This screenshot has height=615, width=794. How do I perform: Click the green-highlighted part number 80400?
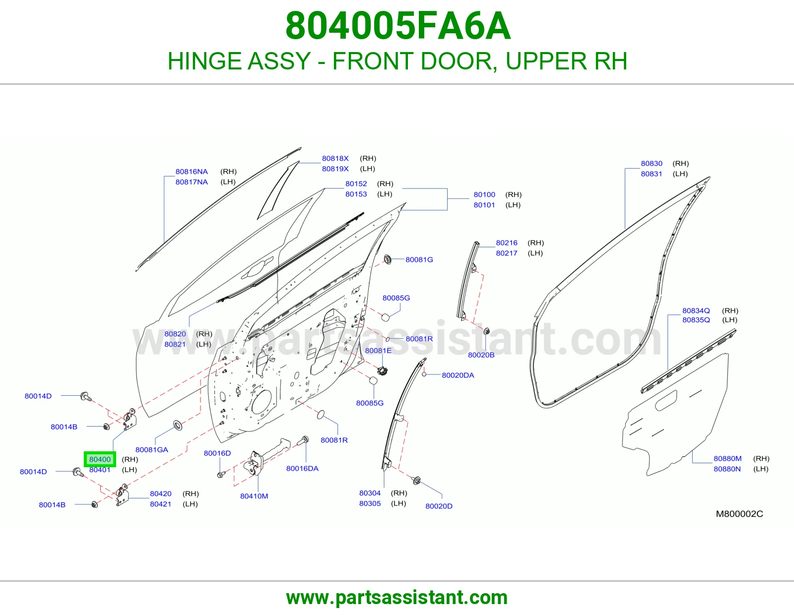pyautogui.click(x=100, y=459)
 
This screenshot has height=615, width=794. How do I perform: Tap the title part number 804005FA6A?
pyautogui.click(x=397, y=26)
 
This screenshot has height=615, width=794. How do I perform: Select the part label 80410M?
pyautogui.click(x=254, y=496)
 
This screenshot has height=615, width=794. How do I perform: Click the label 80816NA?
pyautogui.click(x=192, y=171)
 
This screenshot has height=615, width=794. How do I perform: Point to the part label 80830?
pyautogui.click(x=652, y=163)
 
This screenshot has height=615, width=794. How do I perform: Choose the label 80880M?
pyautogui.click(x=728, y=458)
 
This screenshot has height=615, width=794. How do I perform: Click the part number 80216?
pyautogui.click(x=507, y=243)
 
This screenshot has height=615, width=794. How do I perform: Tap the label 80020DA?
pyautogui.click(x=458, y=375)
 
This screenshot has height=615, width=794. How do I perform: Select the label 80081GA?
pyautogui.click(x=152, y=449)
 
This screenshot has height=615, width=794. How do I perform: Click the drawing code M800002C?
pyautogui.click(x=739, y=514)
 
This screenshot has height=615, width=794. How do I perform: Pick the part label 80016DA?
pyautogui.click(x=302, y=468)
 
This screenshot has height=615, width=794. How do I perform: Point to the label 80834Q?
pyautogui.click(x=696, y=310)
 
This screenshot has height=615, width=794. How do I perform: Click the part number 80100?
pyautogui.click(x=484, y=194)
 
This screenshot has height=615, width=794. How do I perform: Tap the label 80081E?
pyautogui.click(x=378, y=350)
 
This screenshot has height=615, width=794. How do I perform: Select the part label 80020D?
pyautogui.click(x=439, y=506)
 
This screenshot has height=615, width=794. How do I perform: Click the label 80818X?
pyautogui.click(x=335, y=158)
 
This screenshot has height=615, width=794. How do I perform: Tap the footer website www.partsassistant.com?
pyautogui.click(x=397, y=598)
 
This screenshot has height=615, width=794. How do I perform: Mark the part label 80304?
pyautogui.click(x=370, y=493)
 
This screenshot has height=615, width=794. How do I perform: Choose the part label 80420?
pyautogui.click(x=160, y=493)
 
